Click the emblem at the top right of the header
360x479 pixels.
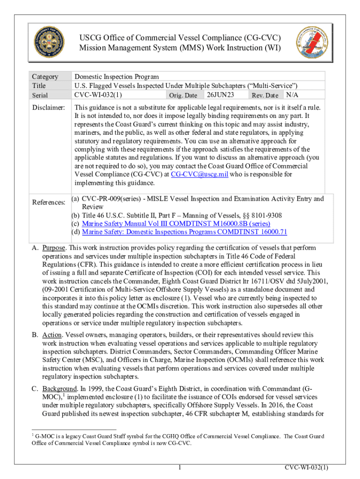pyautogui.click(x=312, y=41)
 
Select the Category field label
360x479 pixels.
pyautogui.click(x=45, y=77)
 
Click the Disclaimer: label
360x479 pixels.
pyautogui.click(x=48, y=108)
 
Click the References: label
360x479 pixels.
pyautogui.click(x=49, y=202)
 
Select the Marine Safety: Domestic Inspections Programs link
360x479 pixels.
pyautogui.click(x=184, y=232)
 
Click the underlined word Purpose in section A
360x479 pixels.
pyautogui.click(x=54, y=247)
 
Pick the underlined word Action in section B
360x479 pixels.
pyautogui.click(x=51, y=335)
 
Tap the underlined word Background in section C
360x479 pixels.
pyautogui.click(x=59, y=389)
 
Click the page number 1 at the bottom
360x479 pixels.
pyautogui.click(x=180, y=467)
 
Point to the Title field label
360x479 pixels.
pyautogui.click(x=39, y=86)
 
